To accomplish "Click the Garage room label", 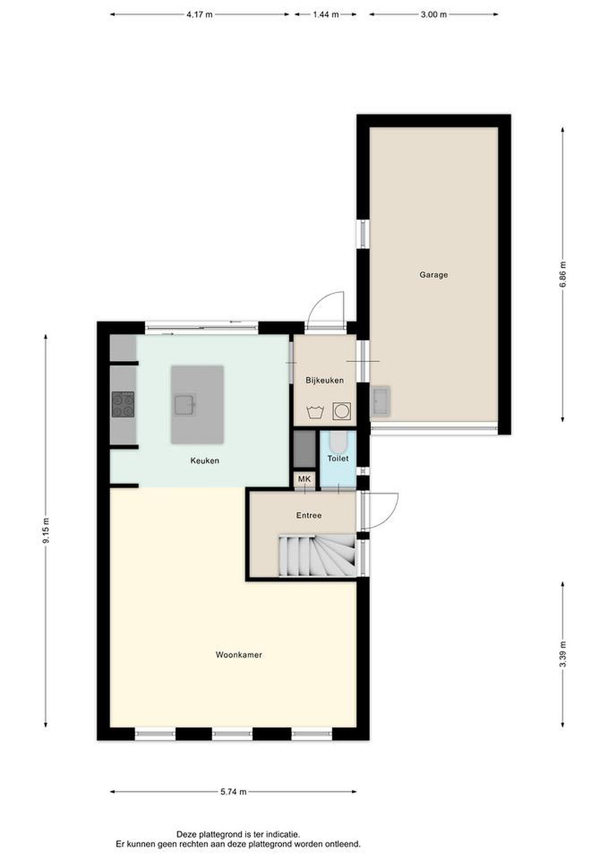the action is pos(433,275).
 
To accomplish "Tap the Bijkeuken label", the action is pos(324,380).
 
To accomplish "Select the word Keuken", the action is pos(204,461).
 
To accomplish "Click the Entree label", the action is pos(309,515).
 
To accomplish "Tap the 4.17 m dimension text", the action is pos(200,15).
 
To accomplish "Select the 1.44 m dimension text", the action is pos(326,15).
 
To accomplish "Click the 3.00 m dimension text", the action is pos(433,15).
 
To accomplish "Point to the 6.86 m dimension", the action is pos(563,274).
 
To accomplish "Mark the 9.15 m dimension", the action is pos(46,531).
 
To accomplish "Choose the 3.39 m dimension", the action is pos(563,654).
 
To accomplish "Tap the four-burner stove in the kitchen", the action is pos(123,405).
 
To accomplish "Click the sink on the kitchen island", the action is pos(184,405).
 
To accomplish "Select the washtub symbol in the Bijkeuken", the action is pos(315,412).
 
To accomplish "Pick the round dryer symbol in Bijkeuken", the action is pos(342,411).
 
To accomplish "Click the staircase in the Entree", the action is pos(317,556).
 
